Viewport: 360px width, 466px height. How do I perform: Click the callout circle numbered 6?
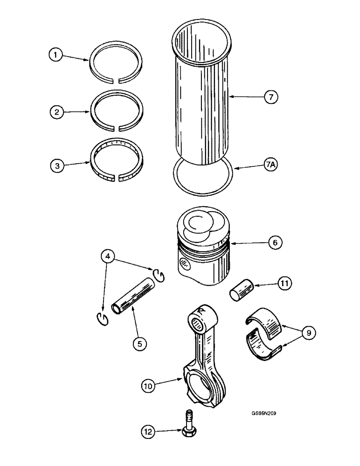pyautogui.click(x=274, y=243)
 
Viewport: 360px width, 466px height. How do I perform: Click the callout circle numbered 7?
pyautogui.click(x=270, y=96)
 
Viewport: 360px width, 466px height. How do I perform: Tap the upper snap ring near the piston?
pyautogui.click(x=159, y=275)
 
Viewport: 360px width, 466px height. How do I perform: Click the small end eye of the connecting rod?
pyautogui.click(x=201, y=321)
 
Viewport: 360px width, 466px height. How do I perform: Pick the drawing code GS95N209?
pyautogui.click(x=263, y=412)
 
